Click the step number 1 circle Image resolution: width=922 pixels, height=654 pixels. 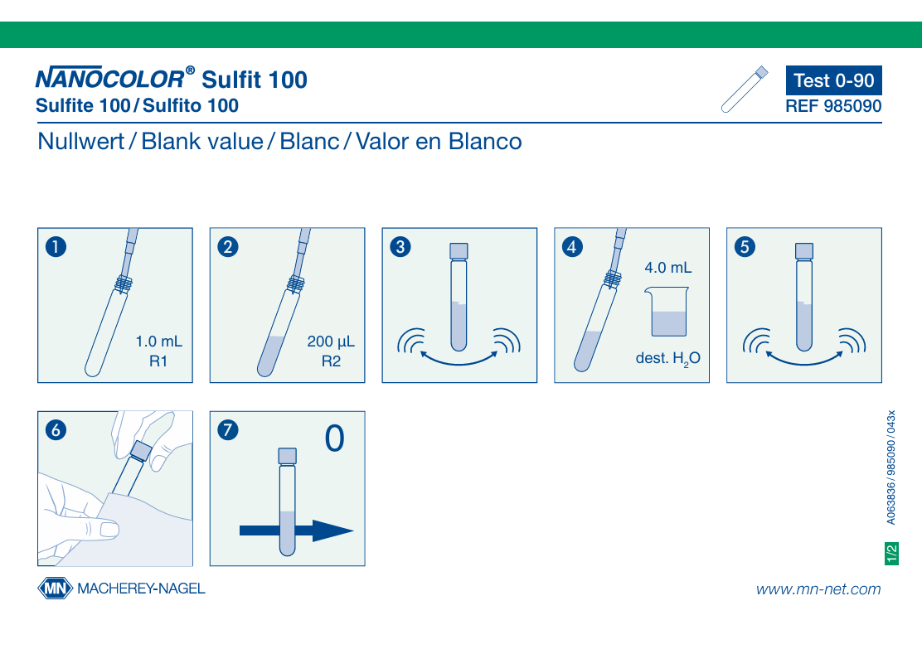[x=56, y=247]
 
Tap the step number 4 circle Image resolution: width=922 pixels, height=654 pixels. [x=572, y=247]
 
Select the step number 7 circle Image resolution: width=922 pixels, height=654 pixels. [x=228, y=430]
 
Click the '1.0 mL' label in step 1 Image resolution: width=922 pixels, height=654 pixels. [x=158, y=342]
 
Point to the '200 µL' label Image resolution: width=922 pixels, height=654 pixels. [x=331, y=342]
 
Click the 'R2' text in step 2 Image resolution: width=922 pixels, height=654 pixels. [x=331, y=361]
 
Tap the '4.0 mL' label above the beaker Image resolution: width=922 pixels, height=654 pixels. [x=668, y=268]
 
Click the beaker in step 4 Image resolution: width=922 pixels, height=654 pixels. [x=667, y=312]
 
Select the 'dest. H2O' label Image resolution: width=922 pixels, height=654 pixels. [x=668, y=358]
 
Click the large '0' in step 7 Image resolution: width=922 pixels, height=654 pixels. [x=335, y=438]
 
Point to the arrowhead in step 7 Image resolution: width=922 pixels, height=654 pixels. [x=332, y=530]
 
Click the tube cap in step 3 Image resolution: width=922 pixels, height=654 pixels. [x=459, y=251]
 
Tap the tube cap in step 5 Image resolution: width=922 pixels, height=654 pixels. [x=803, y=251]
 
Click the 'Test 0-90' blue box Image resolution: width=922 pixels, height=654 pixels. [x=834, y=80]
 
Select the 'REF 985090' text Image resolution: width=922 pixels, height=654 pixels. [x=834, y=106]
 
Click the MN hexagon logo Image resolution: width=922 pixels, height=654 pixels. [x=56, y=589]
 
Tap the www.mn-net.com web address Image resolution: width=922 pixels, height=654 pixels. [x=818, y=589]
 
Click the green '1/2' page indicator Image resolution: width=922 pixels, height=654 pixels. [x=891, y=554]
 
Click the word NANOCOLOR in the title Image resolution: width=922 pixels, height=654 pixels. [x=110, y=78]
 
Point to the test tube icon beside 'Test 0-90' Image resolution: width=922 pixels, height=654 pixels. [x=745, y=90]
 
